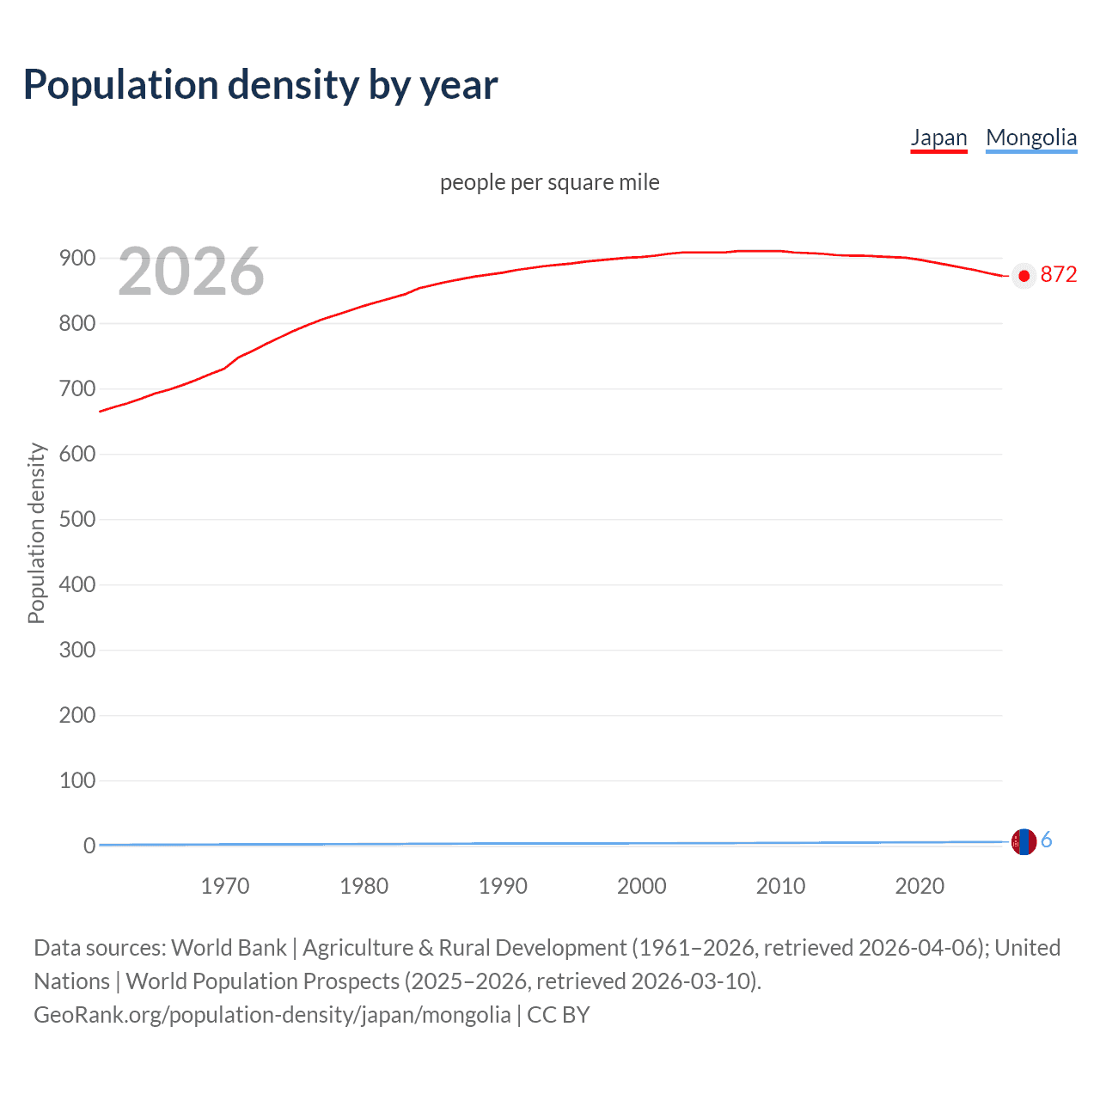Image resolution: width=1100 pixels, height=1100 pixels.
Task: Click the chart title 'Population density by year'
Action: pos(260,85)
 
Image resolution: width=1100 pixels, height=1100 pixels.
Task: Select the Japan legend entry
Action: pos(938,137)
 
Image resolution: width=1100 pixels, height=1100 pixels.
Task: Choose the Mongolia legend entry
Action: pos(1030,137)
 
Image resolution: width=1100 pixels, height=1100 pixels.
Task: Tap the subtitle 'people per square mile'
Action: pos(549,182)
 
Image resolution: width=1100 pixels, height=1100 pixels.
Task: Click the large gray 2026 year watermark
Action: pos(191,272)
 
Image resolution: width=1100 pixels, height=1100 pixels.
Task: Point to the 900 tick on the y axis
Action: pos(76,258)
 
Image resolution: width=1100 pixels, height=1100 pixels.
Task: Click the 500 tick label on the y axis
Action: pos(76,519)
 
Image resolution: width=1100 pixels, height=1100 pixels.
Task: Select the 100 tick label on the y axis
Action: pos(76,780)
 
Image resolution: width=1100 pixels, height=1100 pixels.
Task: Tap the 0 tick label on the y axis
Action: pos(89,846)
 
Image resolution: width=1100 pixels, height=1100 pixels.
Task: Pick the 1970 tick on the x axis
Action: pos(224,886)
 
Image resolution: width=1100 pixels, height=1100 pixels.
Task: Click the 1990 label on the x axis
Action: pos(503,886)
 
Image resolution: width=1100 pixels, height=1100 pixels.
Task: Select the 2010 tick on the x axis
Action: pos(780,886)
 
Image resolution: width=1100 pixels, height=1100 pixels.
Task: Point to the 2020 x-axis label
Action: pos(920,886)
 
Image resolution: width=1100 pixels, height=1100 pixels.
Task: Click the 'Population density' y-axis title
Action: pos(36,533)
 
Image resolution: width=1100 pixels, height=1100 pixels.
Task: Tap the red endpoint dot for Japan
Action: pos(1023,276)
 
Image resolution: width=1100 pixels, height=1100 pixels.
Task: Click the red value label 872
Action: pos(1058,274)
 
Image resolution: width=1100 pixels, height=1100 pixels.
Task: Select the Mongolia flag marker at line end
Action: pos(1024,841)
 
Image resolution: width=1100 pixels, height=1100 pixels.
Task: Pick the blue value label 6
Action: pos(1046,840)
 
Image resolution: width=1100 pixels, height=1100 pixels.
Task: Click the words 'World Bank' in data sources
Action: pos(229,948)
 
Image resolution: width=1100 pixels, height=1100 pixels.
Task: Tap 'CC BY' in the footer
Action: pos(558,1015)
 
